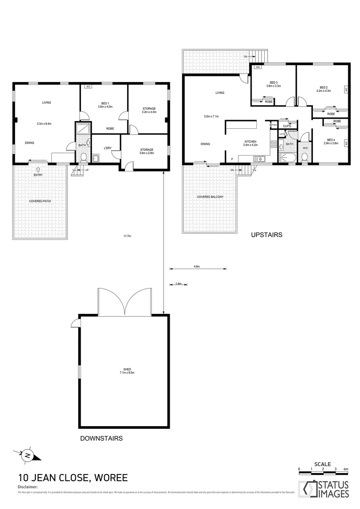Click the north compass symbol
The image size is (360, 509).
[28, 455]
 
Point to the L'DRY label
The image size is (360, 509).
[107, 148]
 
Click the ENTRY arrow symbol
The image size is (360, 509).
[38, 169]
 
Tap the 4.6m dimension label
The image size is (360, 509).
[196, 267]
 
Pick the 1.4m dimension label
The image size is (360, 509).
[178, 284]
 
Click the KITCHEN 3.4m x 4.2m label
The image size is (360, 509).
[250, 143]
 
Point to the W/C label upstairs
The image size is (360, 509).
[305, 148]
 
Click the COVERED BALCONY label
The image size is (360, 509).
[210, 197]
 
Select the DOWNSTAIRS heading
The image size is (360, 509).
[101, 438]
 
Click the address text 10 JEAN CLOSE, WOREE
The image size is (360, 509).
[73, 478]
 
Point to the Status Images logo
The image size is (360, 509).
[325, 489]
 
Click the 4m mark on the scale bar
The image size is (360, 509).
[345, 469]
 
